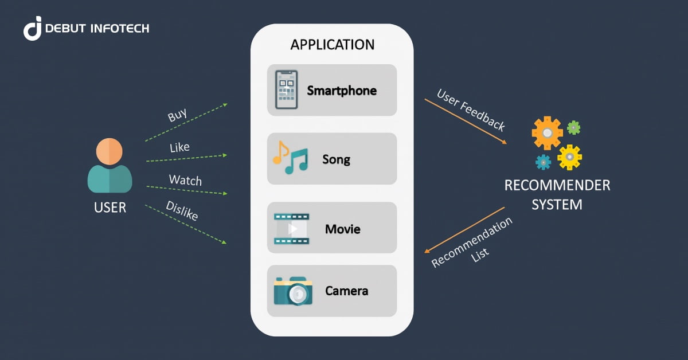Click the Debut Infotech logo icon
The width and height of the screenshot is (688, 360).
pyautogui.click(x=33, y=28)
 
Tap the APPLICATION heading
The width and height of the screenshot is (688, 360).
pyautogui.click(x=332, y=45)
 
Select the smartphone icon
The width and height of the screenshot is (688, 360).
pyautogui.click(x=287, y=90)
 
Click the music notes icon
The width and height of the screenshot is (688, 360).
pyautogui.click(x=290, y=158)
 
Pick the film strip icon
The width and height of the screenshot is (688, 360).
pyautogui.click(x=291, y=229)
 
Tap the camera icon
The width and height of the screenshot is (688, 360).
pyautogui.click(x=293, y=291)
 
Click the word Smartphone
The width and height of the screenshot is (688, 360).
pyautogui.click(x=342, y=91)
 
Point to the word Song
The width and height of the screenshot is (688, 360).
pyautogui.click(x=336, y=159)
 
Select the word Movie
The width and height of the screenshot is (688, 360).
pyautogui.click(x=342, y=229)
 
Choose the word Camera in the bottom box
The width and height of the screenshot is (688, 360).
pyautogui.click(x=346, y=291)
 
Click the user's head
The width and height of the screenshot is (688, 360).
pyautogui.click(x=109, y=152)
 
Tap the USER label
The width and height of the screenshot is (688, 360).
pyautogui.click(x=110, y=208)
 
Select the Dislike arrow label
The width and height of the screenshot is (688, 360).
pyautogui.click(x=182, y=211)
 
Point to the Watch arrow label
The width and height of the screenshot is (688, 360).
pyautogui.click(x=185, y=180)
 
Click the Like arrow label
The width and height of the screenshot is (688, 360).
pyautogui.click(x=179, y=148)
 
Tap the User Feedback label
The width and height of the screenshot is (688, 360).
pyautogui.click(x=471, y=110)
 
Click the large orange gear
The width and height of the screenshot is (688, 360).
pyautogui.click(x=547, y=132)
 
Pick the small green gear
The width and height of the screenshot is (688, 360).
pyautogui.click(x=573, y=127)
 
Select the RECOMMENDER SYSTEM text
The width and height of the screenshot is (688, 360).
pyautogui.click(x=557, y=195)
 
